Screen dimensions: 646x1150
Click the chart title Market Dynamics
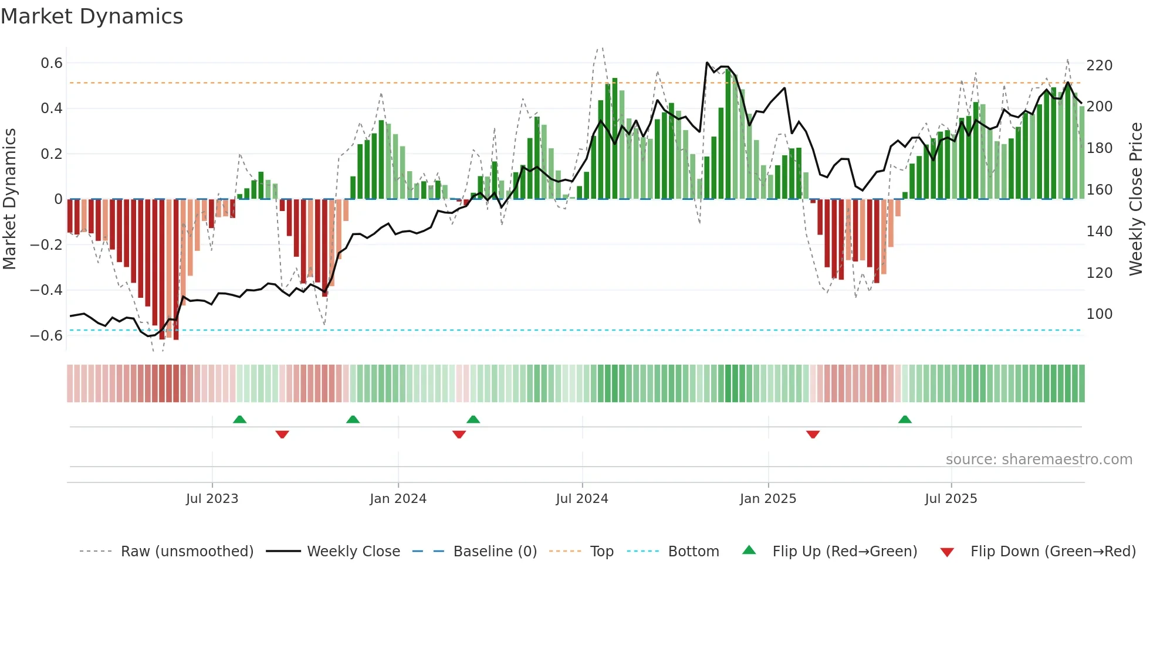92,16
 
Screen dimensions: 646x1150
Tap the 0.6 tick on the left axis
52,63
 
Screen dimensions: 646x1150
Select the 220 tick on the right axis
1099,66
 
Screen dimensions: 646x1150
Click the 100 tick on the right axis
1099,314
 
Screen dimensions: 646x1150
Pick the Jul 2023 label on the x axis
212,499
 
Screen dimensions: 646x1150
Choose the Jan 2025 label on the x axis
767,499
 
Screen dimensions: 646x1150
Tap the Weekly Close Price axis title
1136,199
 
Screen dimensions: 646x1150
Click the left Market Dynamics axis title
10,199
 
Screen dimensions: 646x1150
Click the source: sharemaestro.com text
1039,460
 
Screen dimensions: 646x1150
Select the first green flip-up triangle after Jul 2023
239,419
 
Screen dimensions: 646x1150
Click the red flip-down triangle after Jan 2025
813,434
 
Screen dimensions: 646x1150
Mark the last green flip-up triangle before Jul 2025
905,419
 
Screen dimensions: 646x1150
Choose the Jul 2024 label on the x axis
581,499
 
